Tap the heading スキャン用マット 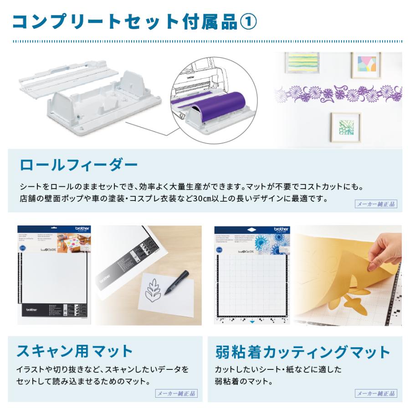point(75,351)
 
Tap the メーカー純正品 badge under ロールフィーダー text point(376,204)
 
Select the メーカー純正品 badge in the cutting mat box point(376,393)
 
